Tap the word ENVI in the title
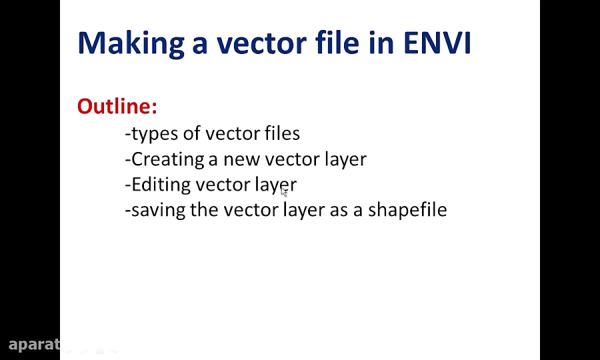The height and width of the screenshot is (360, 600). click(x=437, y=43)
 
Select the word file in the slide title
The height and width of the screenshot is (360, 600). click(x=337, y=42)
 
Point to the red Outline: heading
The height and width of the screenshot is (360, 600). click(x=117, y=106)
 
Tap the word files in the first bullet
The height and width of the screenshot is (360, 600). click(x=283, y=133)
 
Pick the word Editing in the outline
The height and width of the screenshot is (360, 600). click(x=161, y=185)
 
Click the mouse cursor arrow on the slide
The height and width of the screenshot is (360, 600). click(x=284, y=192)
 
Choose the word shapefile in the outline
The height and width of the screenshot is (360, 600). click(x=407, y=210)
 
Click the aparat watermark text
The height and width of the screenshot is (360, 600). click(x=35, y=345)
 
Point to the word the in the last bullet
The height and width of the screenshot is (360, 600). click(x=205, y=209)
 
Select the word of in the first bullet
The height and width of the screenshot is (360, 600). click(x=192, y=133)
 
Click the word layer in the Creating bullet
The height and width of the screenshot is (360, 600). click(x=345, y=160)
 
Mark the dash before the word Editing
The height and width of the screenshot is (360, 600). click(x=128, y=186)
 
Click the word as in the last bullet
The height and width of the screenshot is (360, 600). click(x=339, y=211)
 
